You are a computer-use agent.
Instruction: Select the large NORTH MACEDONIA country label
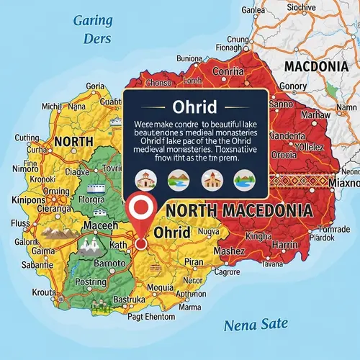tap(238, 211)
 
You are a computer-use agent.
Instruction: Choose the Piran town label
tap(194, 261)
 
